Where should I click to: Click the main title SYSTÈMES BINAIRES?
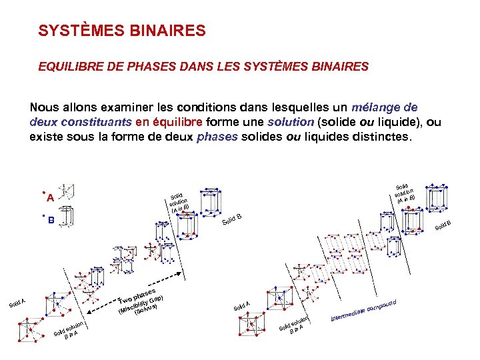[x=122, y=31]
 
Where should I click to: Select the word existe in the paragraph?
[x=46, y=138]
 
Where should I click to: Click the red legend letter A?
[x=50, y=197]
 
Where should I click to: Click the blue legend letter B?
[x=51, y=221]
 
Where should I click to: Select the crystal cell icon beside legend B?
[x=65, y=219]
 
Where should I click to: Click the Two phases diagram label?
[x=137, y=295]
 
